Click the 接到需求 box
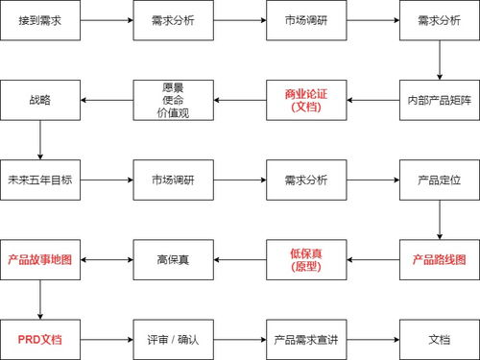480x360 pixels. [39, 19]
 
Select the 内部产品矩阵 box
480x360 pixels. [439, 99]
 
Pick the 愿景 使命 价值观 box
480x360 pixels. [172, 99]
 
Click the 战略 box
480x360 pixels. [39, 99]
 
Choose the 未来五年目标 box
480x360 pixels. [39, 179]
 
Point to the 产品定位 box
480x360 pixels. [439, 179]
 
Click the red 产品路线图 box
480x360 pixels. [439, 259]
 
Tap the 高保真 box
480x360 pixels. [172, 259]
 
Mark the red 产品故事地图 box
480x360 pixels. [39, 259]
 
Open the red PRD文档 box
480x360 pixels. [39, 339]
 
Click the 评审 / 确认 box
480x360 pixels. [172, 339]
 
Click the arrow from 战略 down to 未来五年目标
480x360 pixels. [39, 139]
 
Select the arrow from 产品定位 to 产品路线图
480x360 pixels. [439, 219]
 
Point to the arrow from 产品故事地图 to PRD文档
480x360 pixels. [39, 299]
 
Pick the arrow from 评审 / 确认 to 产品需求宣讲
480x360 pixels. [238, 339]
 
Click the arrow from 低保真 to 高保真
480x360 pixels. [238, 259]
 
